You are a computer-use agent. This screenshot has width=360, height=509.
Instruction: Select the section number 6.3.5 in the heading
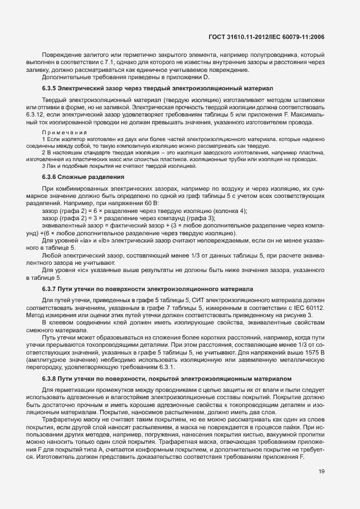click(50, 88)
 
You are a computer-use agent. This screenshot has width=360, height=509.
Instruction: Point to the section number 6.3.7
click(50, 289)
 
